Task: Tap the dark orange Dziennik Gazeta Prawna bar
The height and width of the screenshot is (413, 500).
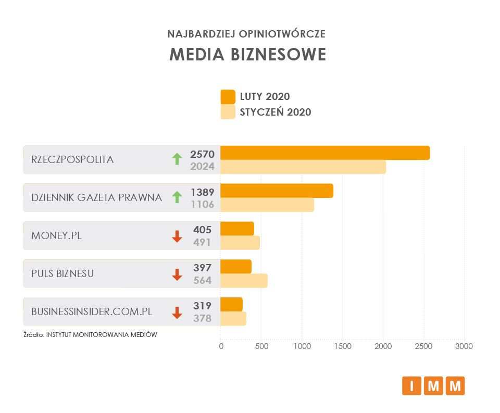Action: tap(277, 191)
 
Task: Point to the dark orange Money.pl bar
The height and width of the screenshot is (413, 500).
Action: tap(237, 229)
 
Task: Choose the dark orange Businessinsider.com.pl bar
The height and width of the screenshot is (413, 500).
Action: tap(231, 304)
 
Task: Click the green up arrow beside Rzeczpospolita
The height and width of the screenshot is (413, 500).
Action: tap(177, 159)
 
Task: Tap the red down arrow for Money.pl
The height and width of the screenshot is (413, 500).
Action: tap(177, 236)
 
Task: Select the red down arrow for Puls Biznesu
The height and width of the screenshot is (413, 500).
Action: tap(177, 274)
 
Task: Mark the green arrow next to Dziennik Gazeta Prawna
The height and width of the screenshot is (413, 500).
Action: tap(177, 197)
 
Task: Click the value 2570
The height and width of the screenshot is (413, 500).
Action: tap(202, 154)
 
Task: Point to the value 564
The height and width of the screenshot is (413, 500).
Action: tap(202, 280)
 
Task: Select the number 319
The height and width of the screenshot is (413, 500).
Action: tap(202, 306)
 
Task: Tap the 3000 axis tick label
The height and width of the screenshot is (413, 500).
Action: tap(464, 346)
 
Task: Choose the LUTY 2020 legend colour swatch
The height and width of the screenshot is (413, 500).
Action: tap(228, 97)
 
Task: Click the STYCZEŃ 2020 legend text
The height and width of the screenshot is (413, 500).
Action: tap(275, 112)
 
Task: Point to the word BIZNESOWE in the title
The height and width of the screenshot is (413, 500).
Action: tap(280, 55)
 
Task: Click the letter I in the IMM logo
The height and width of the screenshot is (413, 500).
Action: tap(411, 386)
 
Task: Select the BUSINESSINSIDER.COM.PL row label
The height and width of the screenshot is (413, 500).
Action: tap(92, 311)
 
